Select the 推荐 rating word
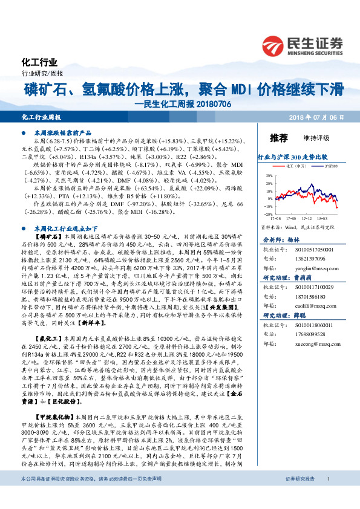(x=279, y=138)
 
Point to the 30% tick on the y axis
(x=269, y=175)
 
